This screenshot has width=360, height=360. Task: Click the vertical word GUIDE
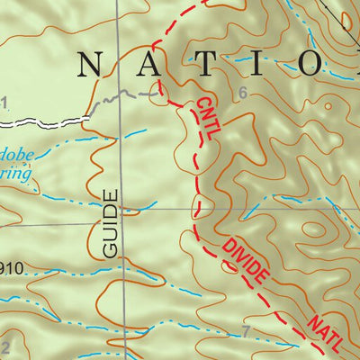111,224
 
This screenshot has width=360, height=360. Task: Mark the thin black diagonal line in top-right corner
344,13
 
